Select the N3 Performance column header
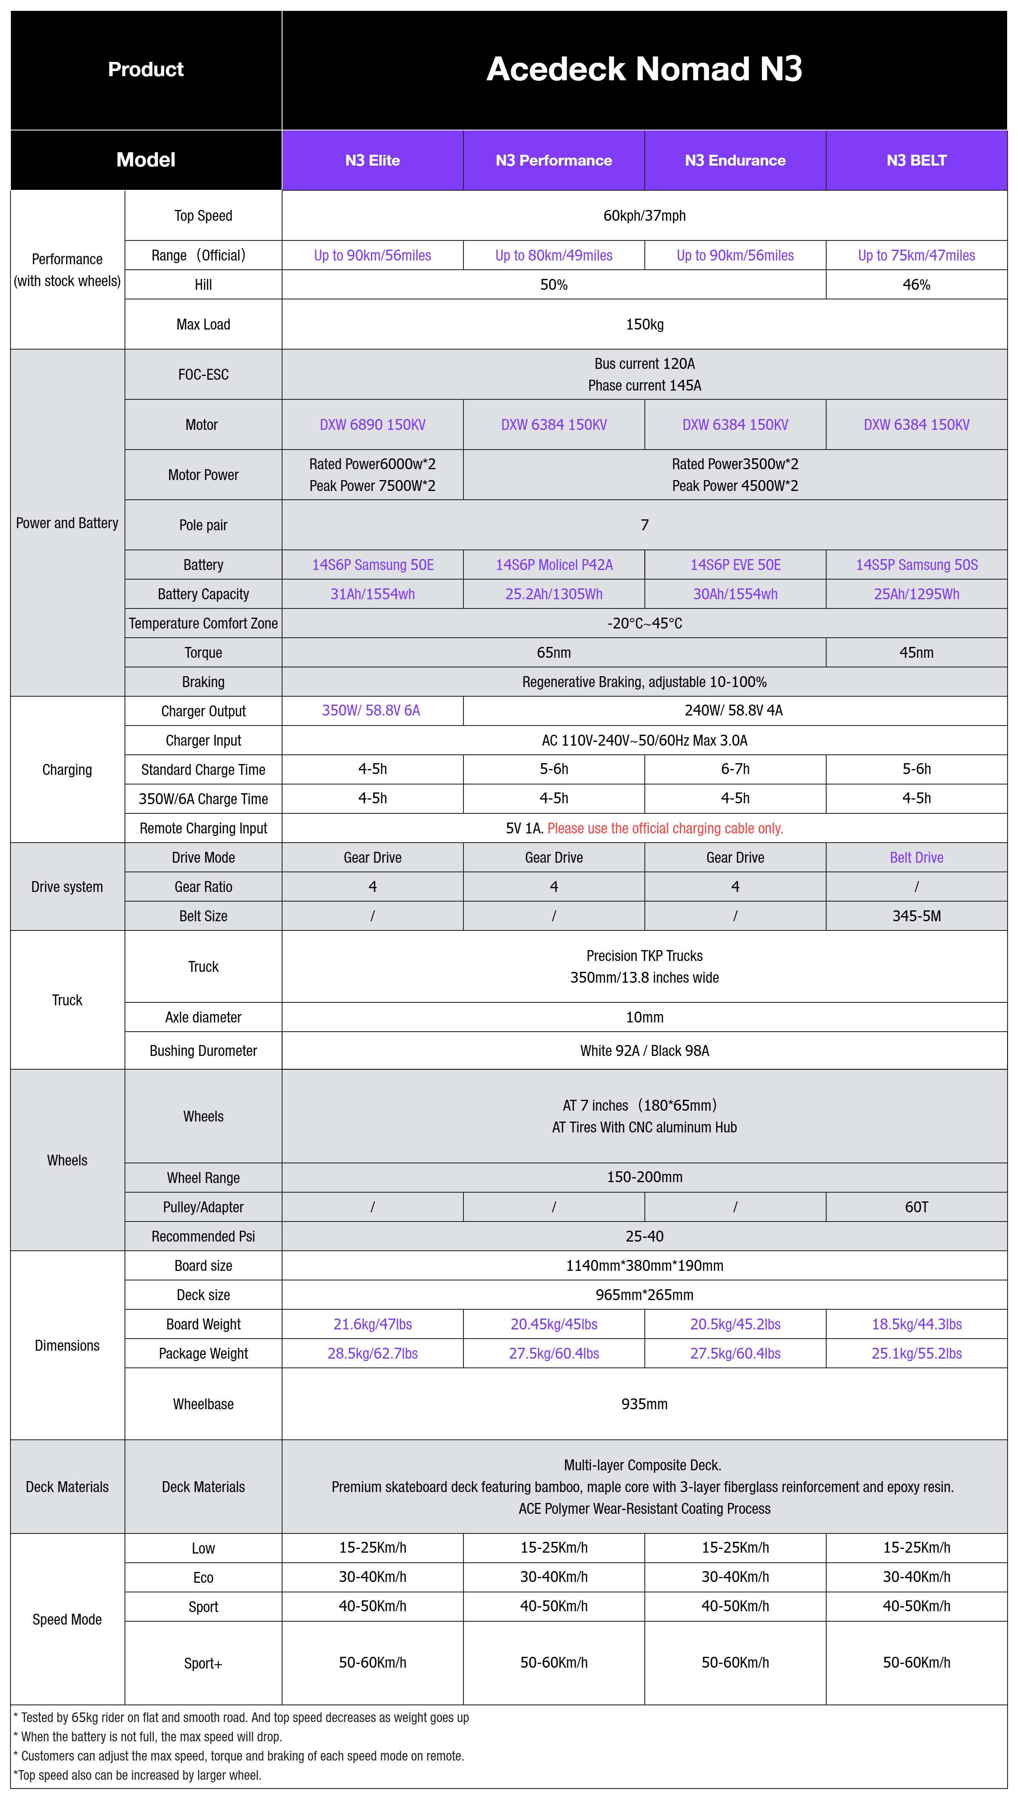pos(554,160)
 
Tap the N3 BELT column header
pos(916,160)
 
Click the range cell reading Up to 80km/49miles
pos(554,256)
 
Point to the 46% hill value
pos(916,285)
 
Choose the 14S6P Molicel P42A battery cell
pos(554,565)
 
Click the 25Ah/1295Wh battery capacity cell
pos(916,594)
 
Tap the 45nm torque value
pos(916,653)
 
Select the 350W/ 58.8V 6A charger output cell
pos(371,710)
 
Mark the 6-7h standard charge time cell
pos(735,769)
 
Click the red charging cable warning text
pos(665,828)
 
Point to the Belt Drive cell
pos(916,858)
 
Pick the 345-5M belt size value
pos(916,916)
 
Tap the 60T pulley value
pos(916,1207)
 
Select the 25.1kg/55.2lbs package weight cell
pos(916,1354)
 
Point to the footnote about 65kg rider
pos(241,1717)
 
